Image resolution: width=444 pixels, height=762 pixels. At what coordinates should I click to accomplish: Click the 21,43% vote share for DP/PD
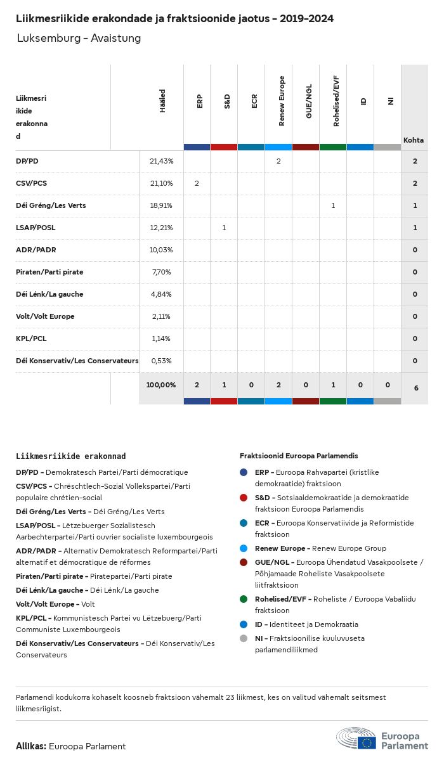tap(161, 162)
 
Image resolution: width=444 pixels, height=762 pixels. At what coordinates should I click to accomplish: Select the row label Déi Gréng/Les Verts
tap(51, 205)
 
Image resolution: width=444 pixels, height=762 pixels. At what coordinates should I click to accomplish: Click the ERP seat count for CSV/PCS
tap(197, 183)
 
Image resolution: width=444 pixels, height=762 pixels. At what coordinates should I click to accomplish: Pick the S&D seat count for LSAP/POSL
tap(224, 228)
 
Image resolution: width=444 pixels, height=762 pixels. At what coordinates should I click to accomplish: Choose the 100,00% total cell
tap(161, 385)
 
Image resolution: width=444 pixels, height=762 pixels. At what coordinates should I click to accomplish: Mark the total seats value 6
tap(415, 387)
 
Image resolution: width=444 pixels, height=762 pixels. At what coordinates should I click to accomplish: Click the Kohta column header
tap(414, 140)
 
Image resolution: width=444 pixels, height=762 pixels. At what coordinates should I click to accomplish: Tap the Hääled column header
tap(162, 101)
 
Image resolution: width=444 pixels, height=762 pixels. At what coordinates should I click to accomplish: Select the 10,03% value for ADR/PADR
tap(161, 250)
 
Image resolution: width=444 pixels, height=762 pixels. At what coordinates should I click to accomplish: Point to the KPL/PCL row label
tap(31, 339)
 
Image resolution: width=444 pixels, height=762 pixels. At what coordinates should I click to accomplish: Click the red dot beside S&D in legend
tap(244, 498)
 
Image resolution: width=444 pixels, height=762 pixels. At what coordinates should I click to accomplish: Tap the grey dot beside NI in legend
tap(244, 638)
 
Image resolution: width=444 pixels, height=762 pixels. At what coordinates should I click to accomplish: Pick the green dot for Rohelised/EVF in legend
tap(244, 599)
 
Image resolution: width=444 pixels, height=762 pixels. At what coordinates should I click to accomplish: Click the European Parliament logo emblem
tap(356, 740)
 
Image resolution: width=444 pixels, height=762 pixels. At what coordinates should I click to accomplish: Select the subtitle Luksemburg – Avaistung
tap(79, 39)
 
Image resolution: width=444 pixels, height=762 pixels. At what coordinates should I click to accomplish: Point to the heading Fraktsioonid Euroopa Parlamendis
tap(299, 456)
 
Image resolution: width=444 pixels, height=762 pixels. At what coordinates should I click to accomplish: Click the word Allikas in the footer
tap(30, 746)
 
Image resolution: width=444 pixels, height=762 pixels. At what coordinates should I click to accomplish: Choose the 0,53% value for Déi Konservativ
tap(161, 361)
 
